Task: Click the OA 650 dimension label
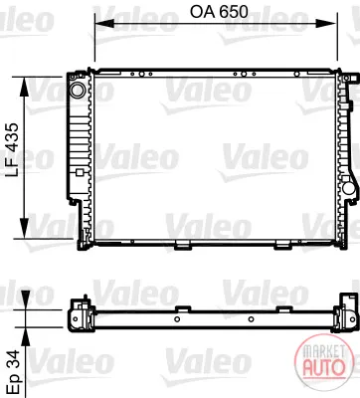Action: pyautogui.click(x=219, y=12)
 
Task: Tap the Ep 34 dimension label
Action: pyautogui.click(x=13, y=372)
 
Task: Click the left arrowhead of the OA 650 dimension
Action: pyautogui.click(x=104, y=23)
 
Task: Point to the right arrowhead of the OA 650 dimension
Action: pyautogui.click(x=327, y=23)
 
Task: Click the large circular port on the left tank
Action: pyautogui.click(x=79, y=90)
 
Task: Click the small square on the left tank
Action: pyautogui.click(x=79, y=172)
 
